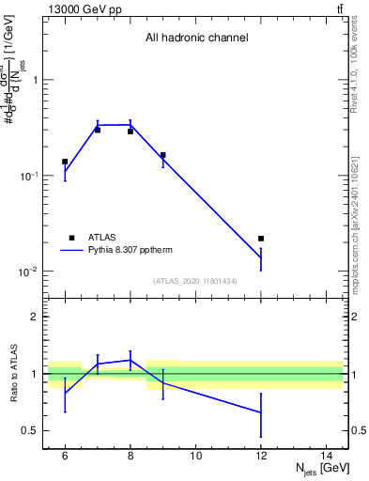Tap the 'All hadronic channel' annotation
coord(196,39)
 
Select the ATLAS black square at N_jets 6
coord(65,162)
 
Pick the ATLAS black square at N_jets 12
coord(261,239)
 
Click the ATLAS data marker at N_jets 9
coord(162,155)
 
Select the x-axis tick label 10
coord(195,456)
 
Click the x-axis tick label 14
coord(326,456)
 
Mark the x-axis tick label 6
coord(65,456)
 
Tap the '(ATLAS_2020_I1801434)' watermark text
coord(196,281)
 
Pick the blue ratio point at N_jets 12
coord(261,412)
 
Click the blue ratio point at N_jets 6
coord(65,394)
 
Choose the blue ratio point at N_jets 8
coord(130,360)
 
